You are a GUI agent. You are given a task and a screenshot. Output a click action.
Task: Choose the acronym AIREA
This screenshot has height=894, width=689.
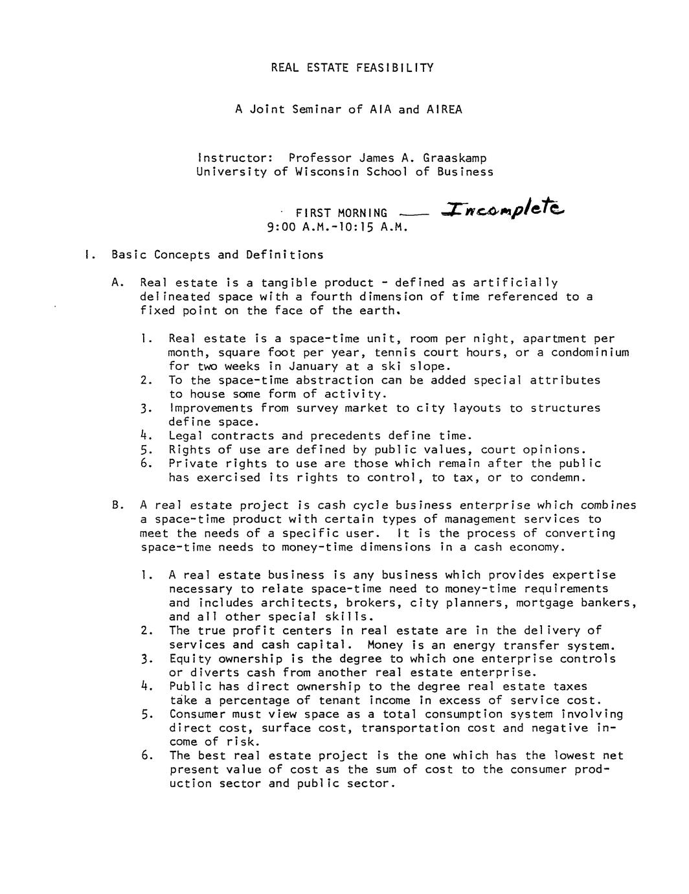[444, 109]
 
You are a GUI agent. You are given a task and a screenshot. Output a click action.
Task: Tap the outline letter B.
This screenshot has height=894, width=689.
[117, 505]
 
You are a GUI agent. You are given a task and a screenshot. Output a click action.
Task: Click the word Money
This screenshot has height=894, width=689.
[385, 645]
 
